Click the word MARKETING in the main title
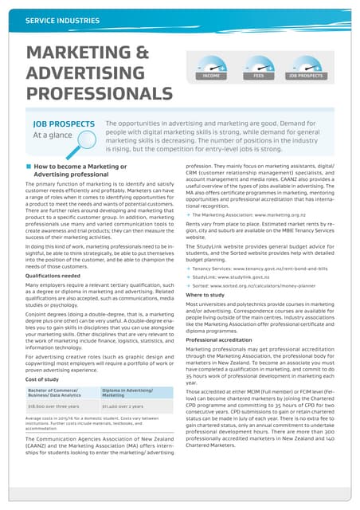coord(70,54)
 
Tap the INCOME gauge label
coord(212,76)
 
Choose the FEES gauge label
coord(258,76)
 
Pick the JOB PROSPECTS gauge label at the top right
coord(306,76)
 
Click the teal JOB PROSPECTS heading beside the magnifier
coord(64,124)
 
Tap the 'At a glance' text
coord(53,135)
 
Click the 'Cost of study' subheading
coord(47,379)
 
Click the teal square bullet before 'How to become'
coord(29,167)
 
